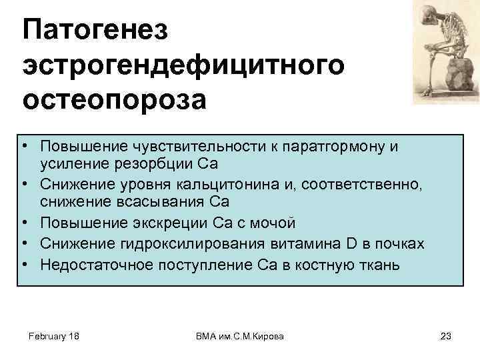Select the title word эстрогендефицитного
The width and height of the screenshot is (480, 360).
pos(183,65)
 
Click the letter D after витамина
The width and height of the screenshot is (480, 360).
pos(352,244)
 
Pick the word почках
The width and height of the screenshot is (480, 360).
pos(399,244)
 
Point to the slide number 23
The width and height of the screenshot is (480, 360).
pos(446,337)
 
